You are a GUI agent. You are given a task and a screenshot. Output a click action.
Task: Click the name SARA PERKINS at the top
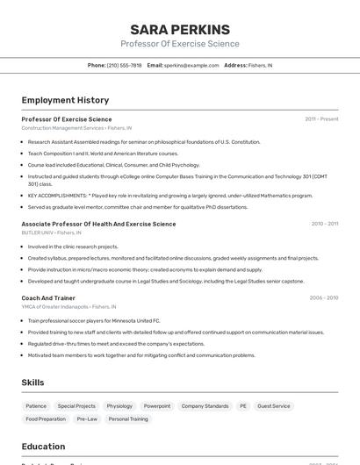[179, 29]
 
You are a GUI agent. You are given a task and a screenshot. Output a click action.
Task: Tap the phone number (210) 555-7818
[125, 65]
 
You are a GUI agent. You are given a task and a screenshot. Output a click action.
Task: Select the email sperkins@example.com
[191, 65]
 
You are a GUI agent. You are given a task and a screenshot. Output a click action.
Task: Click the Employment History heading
[65, 100]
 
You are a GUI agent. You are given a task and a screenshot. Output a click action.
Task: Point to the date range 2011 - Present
[321, 119]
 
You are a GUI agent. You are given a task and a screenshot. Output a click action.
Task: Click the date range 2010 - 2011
[324, 224]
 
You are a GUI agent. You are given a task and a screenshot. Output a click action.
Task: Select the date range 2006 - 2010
[323, 298]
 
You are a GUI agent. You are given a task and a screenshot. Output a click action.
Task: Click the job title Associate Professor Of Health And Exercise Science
[98, 224]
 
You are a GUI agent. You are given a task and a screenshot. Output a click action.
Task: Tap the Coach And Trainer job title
[48, 298]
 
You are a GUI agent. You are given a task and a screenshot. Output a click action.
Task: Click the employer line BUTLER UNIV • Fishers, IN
[51, 232]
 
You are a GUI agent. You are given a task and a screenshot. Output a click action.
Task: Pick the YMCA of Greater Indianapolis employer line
[68, 307]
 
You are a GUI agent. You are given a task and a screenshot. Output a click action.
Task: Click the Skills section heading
[32, 383]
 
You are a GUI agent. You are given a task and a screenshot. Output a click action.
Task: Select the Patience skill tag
[36, 406]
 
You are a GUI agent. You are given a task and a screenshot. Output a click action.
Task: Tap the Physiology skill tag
[119, 406]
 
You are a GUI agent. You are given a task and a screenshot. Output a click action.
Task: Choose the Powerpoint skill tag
[157, 406]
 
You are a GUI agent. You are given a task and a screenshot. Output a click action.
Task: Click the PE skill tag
[243, 406]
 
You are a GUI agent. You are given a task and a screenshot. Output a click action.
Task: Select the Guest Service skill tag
[274, 406]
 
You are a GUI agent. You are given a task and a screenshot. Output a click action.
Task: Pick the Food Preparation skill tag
[46, 419]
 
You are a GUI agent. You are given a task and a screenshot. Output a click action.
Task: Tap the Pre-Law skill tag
[87, 419]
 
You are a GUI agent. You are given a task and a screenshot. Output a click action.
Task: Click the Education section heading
[43, 447]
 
